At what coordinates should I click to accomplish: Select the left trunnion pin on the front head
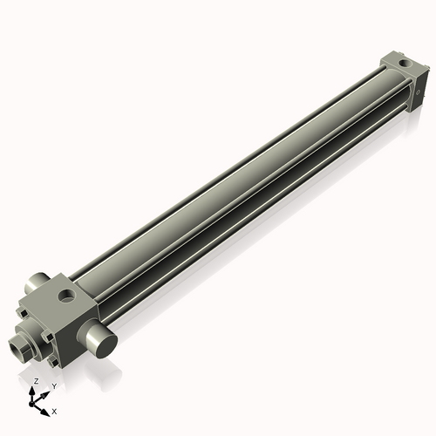pyautogui.click(x=32, y=283)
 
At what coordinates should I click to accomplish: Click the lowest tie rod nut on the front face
pyautogui.click(x=54, y=361)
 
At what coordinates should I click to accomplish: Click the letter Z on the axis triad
pyautogui.click(x=34, y=382)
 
